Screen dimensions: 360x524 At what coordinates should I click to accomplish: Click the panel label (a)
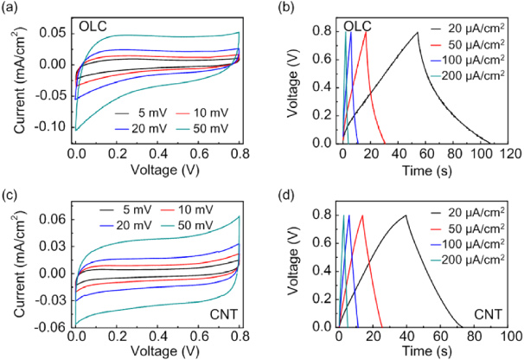[x=10, y=8]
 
